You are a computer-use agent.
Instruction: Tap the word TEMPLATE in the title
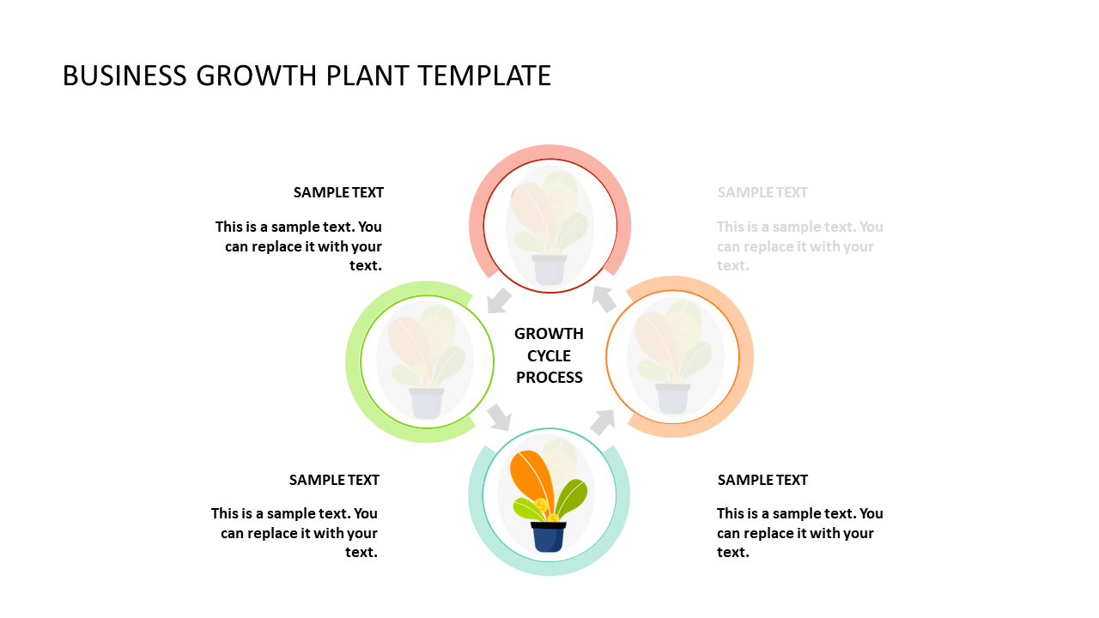(485, 76)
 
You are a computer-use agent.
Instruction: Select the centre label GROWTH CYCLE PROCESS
(549, 355)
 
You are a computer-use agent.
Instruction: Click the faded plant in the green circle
(426, 360)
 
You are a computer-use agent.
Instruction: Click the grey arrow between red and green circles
(499, 300)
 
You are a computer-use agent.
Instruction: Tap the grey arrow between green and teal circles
(499, 417)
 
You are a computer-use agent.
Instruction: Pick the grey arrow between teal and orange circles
(603, 421)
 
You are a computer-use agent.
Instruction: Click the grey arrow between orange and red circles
(604, 299)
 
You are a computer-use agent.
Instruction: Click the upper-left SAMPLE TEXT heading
(338, 192)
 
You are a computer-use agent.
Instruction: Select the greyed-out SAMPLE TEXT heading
(762, 192)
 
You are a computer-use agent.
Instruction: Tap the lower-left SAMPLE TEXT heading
(334, 480)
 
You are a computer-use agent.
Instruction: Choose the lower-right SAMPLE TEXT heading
(762, 480)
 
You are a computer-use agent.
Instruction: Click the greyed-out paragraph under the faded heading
(799, 246)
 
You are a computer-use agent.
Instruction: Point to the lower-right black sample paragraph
(799, 533)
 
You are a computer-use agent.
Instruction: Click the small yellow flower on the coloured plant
(541, 505)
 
